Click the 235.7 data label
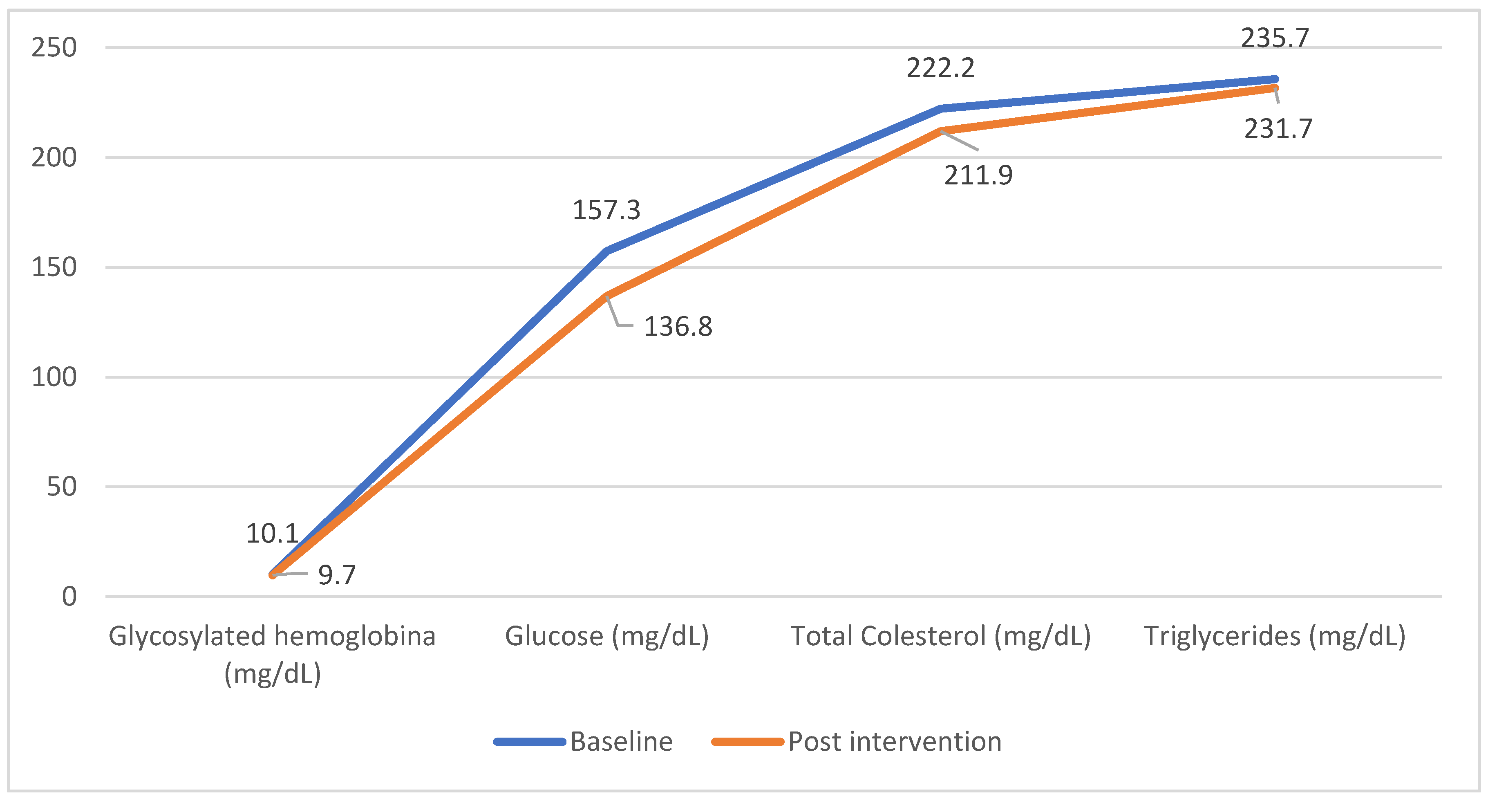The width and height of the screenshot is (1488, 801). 1275,38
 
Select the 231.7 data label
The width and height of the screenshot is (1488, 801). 1278,128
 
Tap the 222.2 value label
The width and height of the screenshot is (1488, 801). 940,68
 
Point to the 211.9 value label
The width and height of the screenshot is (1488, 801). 978,175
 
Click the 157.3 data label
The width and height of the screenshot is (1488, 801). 606,210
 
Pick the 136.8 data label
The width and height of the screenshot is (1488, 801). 678,327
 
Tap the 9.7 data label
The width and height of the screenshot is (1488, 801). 337,575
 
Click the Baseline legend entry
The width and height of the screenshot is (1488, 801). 621,741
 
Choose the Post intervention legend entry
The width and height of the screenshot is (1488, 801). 894,741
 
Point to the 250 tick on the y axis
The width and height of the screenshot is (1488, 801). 54,47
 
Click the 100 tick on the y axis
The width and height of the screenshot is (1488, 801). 54,377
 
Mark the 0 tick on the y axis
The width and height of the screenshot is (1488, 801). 69,597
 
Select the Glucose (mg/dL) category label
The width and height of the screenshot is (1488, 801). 606,636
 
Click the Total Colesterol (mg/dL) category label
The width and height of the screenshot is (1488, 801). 940,636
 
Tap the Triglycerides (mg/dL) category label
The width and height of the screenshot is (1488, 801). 1275,636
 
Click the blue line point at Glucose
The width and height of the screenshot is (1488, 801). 606,251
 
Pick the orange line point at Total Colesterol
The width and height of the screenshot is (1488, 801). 941,130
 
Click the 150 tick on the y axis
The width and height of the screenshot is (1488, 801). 54,267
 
